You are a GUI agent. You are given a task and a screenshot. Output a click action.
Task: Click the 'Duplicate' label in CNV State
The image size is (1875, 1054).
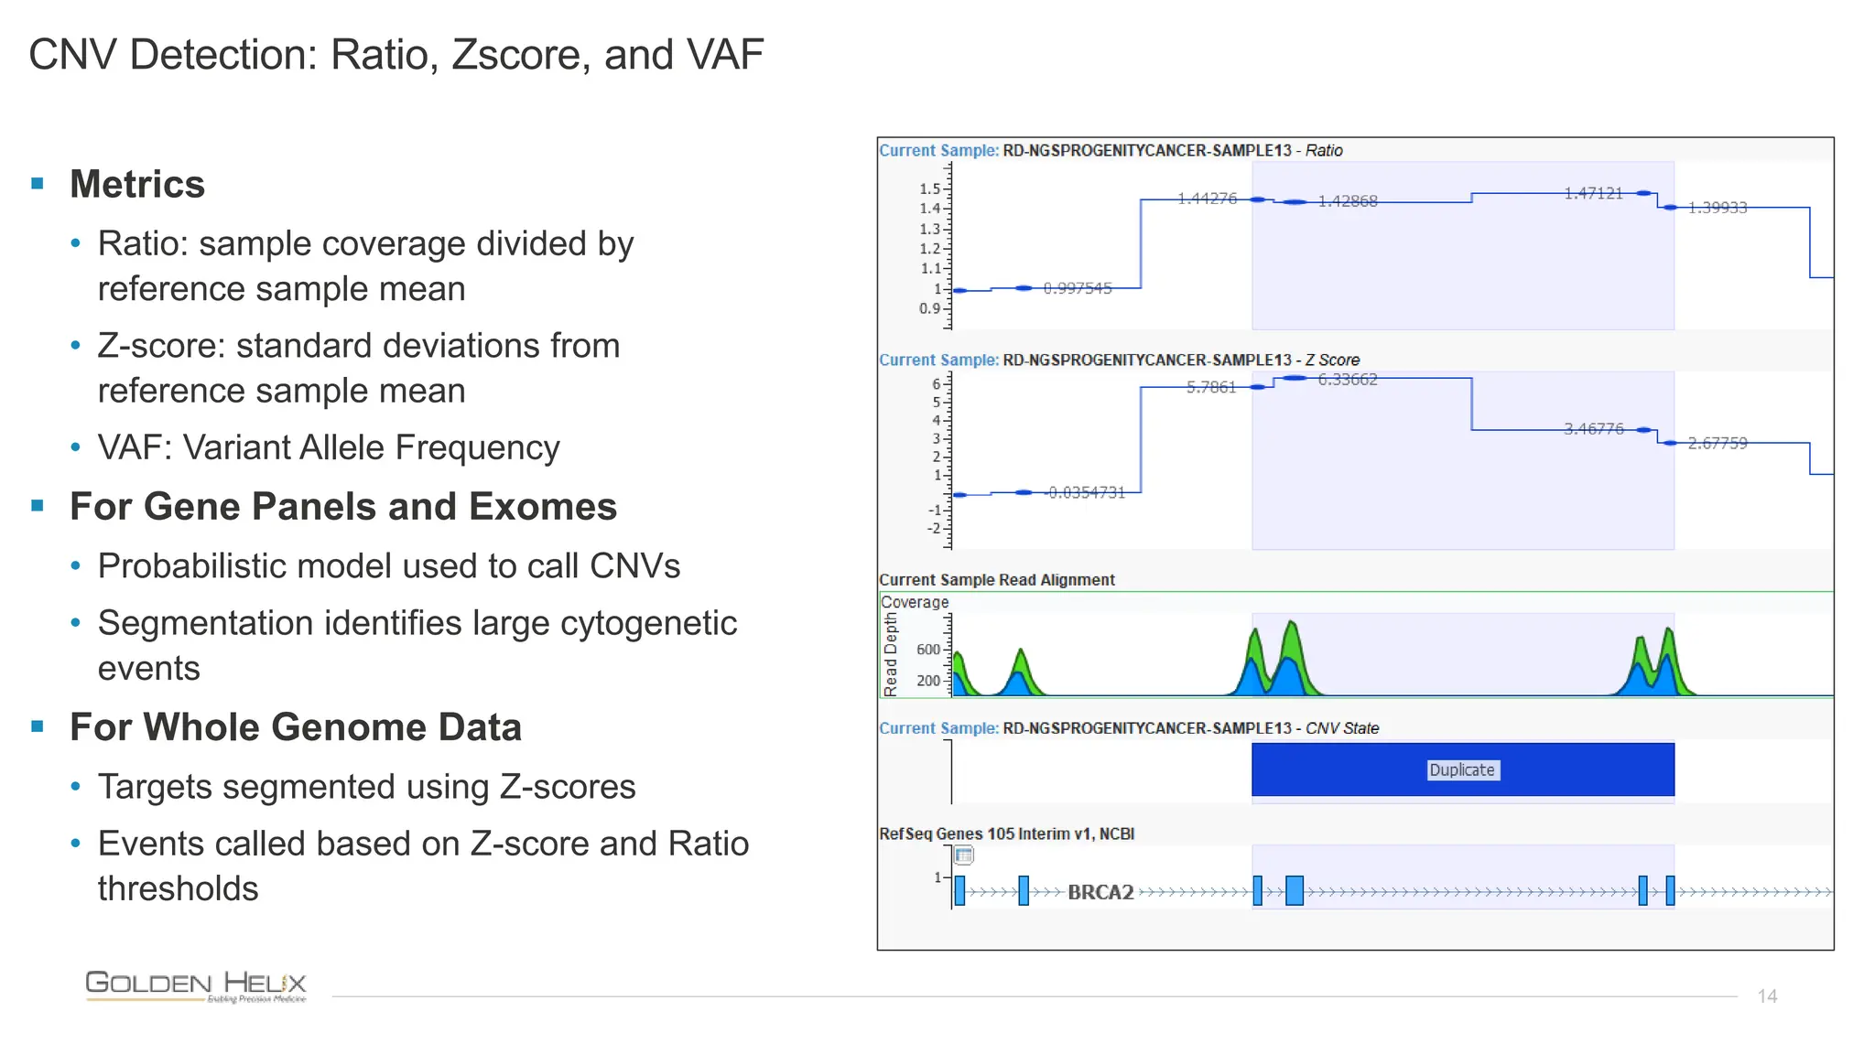pos(1461,769)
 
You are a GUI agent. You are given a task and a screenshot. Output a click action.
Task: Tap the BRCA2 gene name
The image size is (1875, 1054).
pos(1100,892)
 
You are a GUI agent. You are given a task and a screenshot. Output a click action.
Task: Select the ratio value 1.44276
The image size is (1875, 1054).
pos(1207,199)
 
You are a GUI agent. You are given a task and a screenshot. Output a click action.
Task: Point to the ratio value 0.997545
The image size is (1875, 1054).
pos(1078,288)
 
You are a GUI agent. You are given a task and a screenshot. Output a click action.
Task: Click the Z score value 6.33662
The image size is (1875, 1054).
pos(1348,380)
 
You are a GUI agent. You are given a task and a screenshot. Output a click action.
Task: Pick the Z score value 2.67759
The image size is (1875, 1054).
pos(1718,444)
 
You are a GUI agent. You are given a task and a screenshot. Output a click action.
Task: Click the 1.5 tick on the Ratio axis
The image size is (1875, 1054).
pos(929,188)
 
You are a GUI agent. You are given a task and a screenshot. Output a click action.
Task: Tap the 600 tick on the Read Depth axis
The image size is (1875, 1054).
pos(927,650)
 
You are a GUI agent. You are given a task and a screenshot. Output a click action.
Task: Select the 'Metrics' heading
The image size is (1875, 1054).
pos(137,184)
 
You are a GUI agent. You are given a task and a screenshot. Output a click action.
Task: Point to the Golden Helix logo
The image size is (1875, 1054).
pos(196,985)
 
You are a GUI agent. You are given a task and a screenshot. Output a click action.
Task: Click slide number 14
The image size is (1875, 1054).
pos(1767,995)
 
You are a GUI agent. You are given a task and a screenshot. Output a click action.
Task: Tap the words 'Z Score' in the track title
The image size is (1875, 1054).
pos(1332,360)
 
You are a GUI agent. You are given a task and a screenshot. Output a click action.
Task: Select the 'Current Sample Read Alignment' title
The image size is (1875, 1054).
pos(997,580)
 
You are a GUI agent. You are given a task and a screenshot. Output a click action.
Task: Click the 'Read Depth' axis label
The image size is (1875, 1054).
pos(891,654)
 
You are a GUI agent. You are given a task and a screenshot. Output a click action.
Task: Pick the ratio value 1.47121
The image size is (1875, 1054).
pos(1593,193)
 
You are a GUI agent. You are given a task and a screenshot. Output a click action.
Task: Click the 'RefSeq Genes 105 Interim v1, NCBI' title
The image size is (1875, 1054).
pos(1006,834)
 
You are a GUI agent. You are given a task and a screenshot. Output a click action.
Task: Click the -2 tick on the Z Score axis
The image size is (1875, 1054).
pos(934,529)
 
